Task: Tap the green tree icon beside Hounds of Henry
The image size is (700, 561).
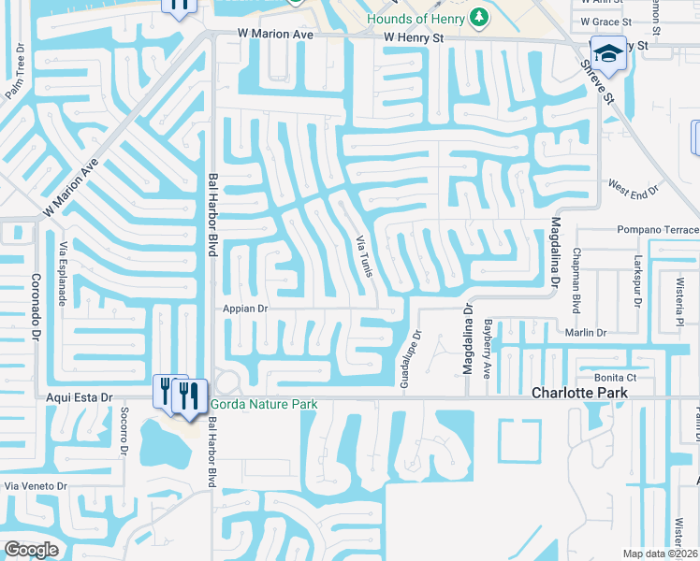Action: point(479,18)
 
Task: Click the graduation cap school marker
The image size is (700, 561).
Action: point(607,52)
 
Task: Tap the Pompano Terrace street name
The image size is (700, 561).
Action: point(657,229)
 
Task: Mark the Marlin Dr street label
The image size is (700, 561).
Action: point(586,332)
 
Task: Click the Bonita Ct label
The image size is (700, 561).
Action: point(618,377)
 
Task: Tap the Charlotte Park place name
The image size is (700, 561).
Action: point(579,394)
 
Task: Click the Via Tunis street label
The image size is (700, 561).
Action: point(364,254)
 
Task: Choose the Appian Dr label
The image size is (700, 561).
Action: point(245,308)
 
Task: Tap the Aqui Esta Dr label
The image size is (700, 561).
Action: point(80,396)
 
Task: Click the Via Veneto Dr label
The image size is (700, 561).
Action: point(36,486)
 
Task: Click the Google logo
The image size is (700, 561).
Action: point(32,549)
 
